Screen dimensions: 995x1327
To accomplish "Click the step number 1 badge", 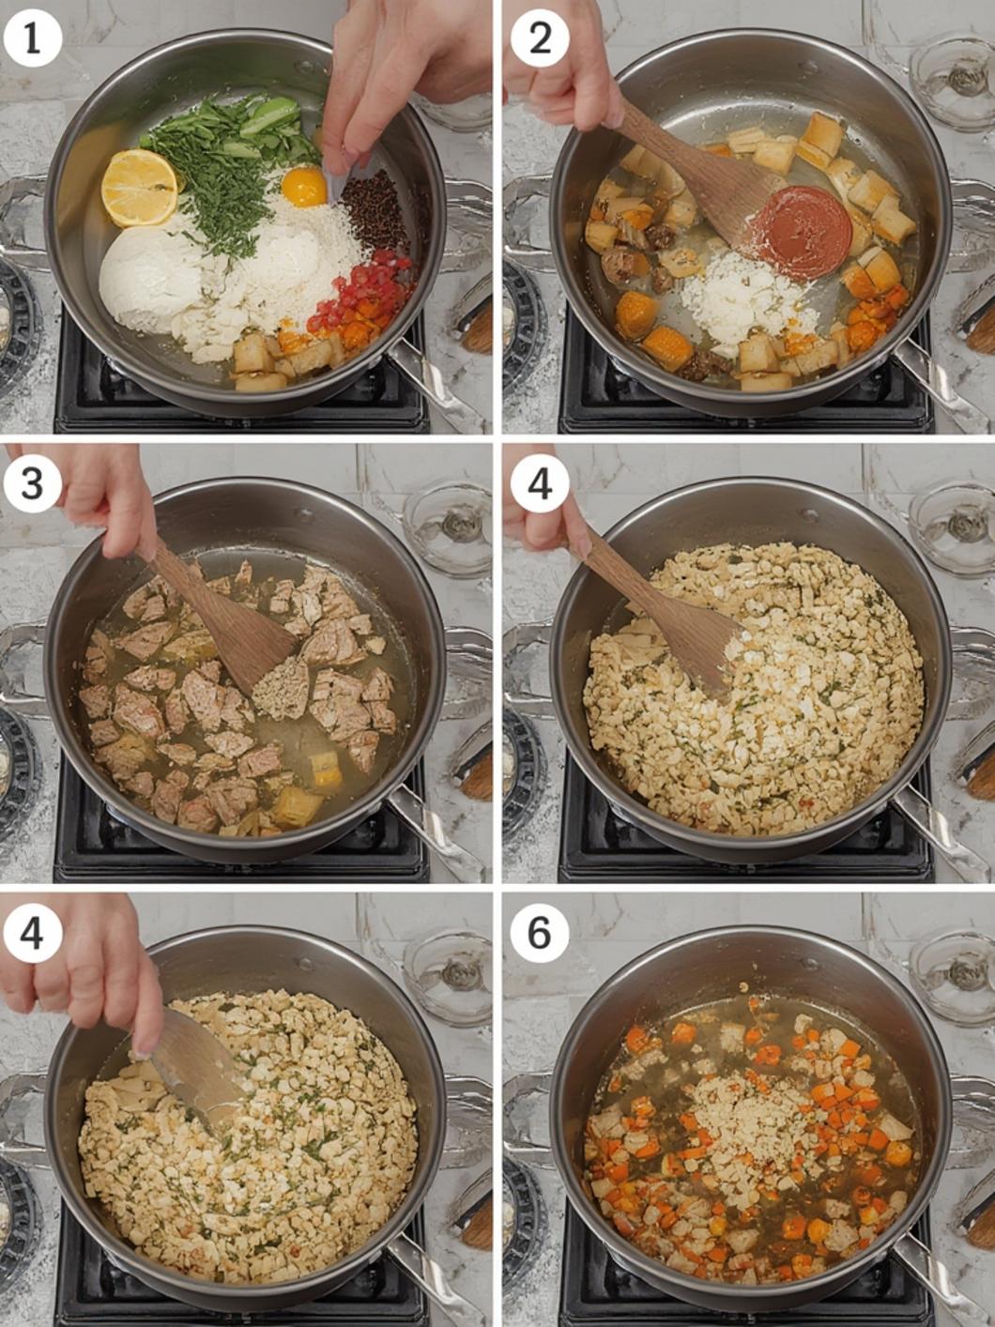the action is tap(32, 39).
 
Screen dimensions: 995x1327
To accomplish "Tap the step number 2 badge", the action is tap(539, 39).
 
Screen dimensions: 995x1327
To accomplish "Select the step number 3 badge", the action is tap(32, 484).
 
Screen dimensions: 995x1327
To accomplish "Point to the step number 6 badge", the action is tap(539, 933).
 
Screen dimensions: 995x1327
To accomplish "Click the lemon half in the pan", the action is tap(140, 188).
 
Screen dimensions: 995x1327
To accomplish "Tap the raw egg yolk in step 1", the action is tap(303, 186).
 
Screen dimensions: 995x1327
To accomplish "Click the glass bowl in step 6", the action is tap(952, 973).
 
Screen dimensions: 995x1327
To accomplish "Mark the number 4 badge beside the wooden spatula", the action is tap(539, 484).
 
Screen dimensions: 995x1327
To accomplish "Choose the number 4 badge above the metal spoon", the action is tap(32, 933).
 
